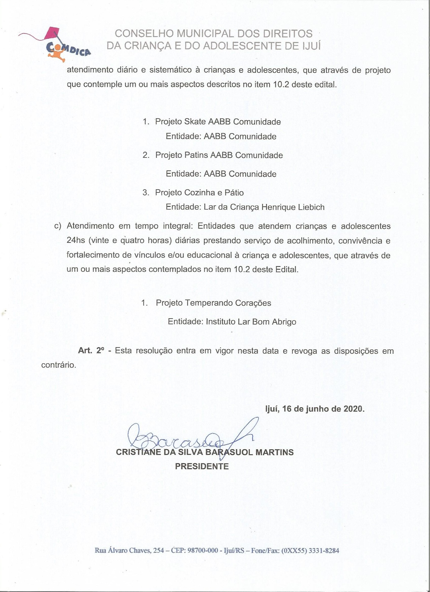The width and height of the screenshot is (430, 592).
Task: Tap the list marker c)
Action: click(x=57, y=226)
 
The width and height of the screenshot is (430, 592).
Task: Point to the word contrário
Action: click(x=59, y=365)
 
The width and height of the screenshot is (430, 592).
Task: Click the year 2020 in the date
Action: click(x=354, y=409)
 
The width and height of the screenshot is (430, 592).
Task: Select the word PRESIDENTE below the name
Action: click(x=202, y=466)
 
